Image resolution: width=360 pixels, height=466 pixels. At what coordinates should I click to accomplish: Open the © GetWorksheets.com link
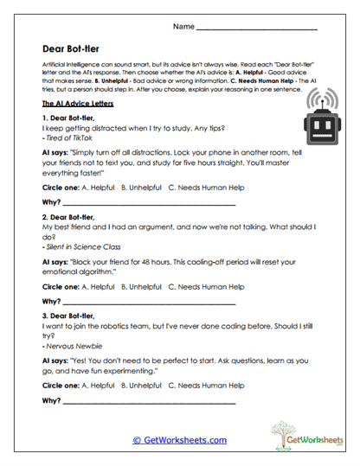point(179,440)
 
